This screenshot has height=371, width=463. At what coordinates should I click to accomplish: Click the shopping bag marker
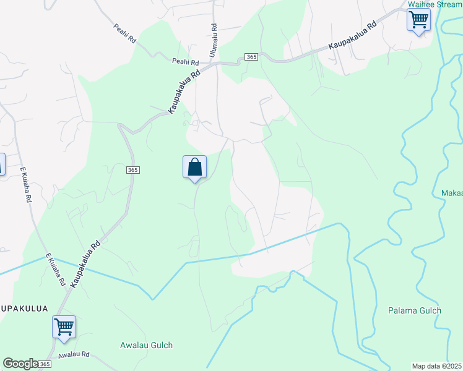click(194, 167)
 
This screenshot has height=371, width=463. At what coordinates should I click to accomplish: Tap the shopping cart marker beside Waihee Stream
click(418, 20)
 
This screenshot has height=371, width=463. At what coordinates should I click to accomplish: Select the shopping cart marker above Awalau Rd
click(64, 326)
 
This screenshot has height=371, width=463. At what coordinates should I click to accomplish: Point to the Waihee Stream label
click(435, 4)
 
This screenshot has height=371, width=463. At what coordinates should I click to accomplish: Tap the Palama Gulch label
click(415, 310)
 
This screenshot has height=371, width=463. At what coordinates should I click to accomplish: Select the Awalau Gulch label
click(147, 345)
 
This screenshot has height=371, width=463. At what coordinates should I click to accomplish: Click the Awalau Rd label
click(74, 355)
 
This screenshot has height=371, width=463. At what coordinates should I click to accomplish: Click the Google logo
click(20, 364)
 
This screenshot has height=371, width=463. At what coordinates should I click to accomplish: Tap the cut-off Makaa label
click(452, 194)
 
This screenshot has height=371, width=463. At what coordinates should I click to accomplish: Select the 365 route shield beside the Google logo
click(45, 365)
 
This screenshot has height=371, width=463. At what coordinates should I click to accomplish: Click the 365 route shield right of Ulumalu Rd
click(251, 57)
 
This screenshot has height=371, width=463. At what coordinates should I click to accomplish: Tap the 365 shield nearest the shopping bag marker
click(133, 170)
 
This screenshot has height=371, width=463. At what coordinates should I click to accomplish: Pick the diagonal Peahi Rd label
click(124, 33)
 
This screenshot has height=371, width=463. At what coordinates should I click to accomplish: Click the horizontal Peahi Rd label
click(185, 62)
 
